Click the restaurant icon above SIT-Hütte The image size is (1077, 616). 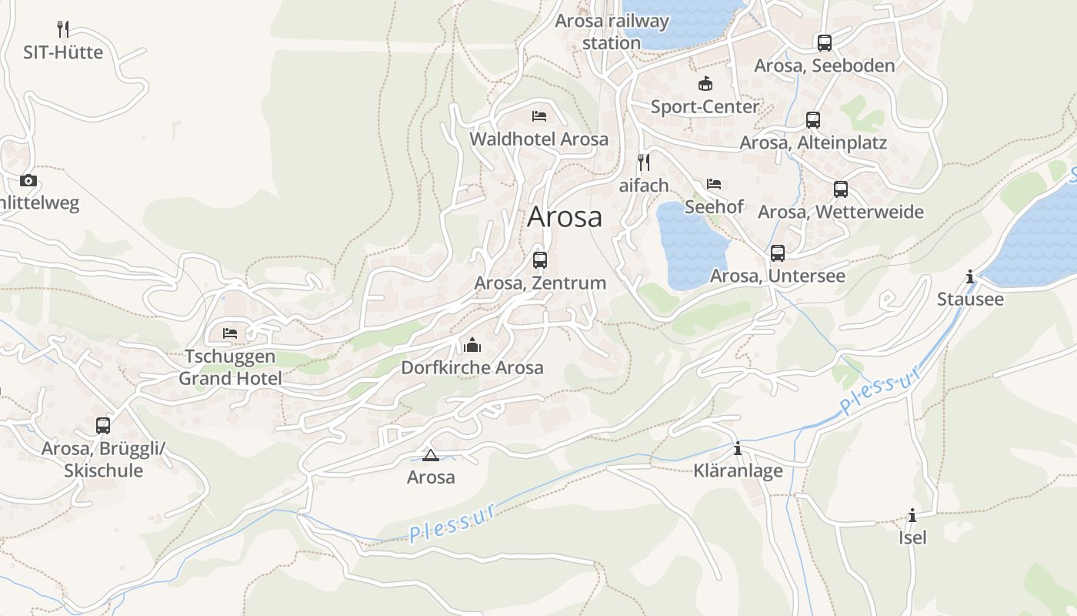click(x=63, y=29)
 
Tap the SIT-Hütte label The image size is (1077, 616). click(x=63, y=53)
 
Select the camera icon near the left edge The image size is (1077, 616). click(x=28, y=181)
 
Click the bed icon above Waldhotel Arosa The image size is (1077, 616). click(x=539, y=116)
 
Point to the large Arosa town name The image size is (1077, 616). click(x=565, y=217)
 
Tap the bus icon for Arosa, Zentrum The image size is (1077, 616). click(x=540, y=259)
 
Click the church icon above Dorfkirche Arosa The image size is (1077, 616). click(x=472, y=345)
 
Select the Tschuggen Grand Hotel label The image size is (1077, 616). click(x=230, y=367)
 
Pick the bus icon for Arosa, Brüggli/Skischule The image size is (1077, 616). click(x=103, y=426)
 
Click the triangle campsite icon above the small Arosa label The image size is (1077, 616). click(x=430, y=455)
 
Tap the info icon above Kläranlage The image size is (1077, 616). click(x=738, y=448)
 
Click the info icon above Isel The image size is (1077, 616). click(x=912, y=515)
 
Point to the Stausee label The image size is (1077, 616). click(x=970, y=300)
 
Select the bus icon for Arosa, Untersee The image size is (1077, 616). click(x=778, y=253)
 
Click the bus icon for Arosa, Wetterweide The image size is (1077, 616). click(x=841, y=189)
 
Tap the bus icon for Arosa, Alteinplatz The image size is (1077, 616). click(x=813, y=120)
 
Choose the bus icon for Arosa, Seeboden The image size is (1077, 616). click(x=825, y=43)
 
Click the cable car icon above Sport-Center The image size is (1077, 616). click(x=705, y=83)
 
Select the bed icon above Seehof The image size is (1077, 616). click(x=714, y=184)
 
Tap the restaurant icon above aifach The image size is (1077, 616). click(x=644, y=162)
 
